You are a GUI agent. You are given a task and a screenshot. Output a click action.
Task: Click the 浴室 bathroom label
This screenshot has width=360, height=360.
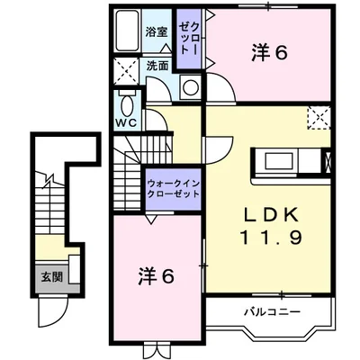(157, 32)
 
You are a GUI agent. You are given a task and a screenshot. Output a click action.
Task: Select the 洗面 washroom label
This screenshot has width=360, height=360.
(158, 66)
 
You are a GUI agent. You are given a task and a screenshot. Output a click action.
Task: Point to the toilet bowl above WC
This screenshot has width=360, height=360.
(125, 102)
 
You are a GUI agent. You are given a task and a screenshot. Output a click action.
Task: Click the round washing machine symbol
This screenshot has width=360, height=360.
(191, 87)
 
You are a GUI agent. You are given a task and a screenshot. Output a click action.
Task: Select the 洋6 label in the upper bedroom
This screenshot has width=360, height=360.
(269, 52)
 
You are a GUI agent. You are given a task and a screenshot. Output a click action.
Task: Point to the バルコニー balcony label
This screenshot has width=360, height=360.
(270, 312)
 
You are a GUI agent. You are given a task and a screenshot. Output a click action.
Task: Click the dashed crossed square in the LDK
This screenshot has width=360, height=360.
(317, 119)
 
